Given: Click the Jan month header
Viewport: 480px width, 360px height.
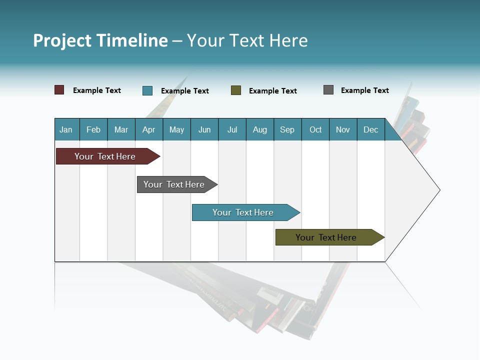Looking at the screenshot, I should pos(66,129).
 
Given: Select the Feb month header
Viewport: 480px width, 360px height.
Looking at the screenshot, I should pos(93,129).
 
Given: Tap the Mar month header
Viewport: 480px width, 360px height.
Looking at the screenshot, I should pos(121,129).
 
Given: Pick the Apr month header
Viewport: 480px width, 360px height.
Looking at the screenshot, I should pos(149,129).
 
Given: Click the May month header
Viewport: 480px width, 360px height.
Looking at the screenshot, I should pos(176,129).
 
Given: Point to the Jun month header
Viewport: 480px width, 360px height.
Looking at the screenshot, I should pos(204,129).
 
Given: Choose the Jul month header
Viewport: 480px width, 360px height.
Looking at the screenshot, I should pos(232,129).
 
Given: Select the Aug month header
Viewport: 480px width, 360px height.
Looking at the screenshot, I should pos(260,129).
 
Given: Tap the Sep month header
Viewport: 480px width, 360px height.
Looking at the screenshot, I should pos(287,129).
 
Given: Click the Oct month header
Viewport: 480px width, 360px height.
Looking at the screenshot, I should pos(315,129).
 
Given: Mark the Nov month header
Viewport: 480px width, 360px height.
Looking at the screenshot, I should pos(343,129).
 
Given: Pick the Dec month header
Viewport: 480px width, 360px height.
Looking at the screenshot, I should pos(371,129).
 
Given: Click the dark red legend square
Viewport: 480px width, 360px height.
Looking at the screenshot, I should pos(59,90).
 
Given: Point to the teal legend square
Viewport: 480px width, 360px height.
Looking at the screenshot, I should pos(147,90).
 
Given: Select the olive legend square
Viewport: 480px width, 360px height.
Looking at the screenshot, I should pos(236,90).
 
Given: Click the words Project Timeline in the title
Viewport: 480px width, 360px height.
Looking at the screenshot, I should pos(100,40).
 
